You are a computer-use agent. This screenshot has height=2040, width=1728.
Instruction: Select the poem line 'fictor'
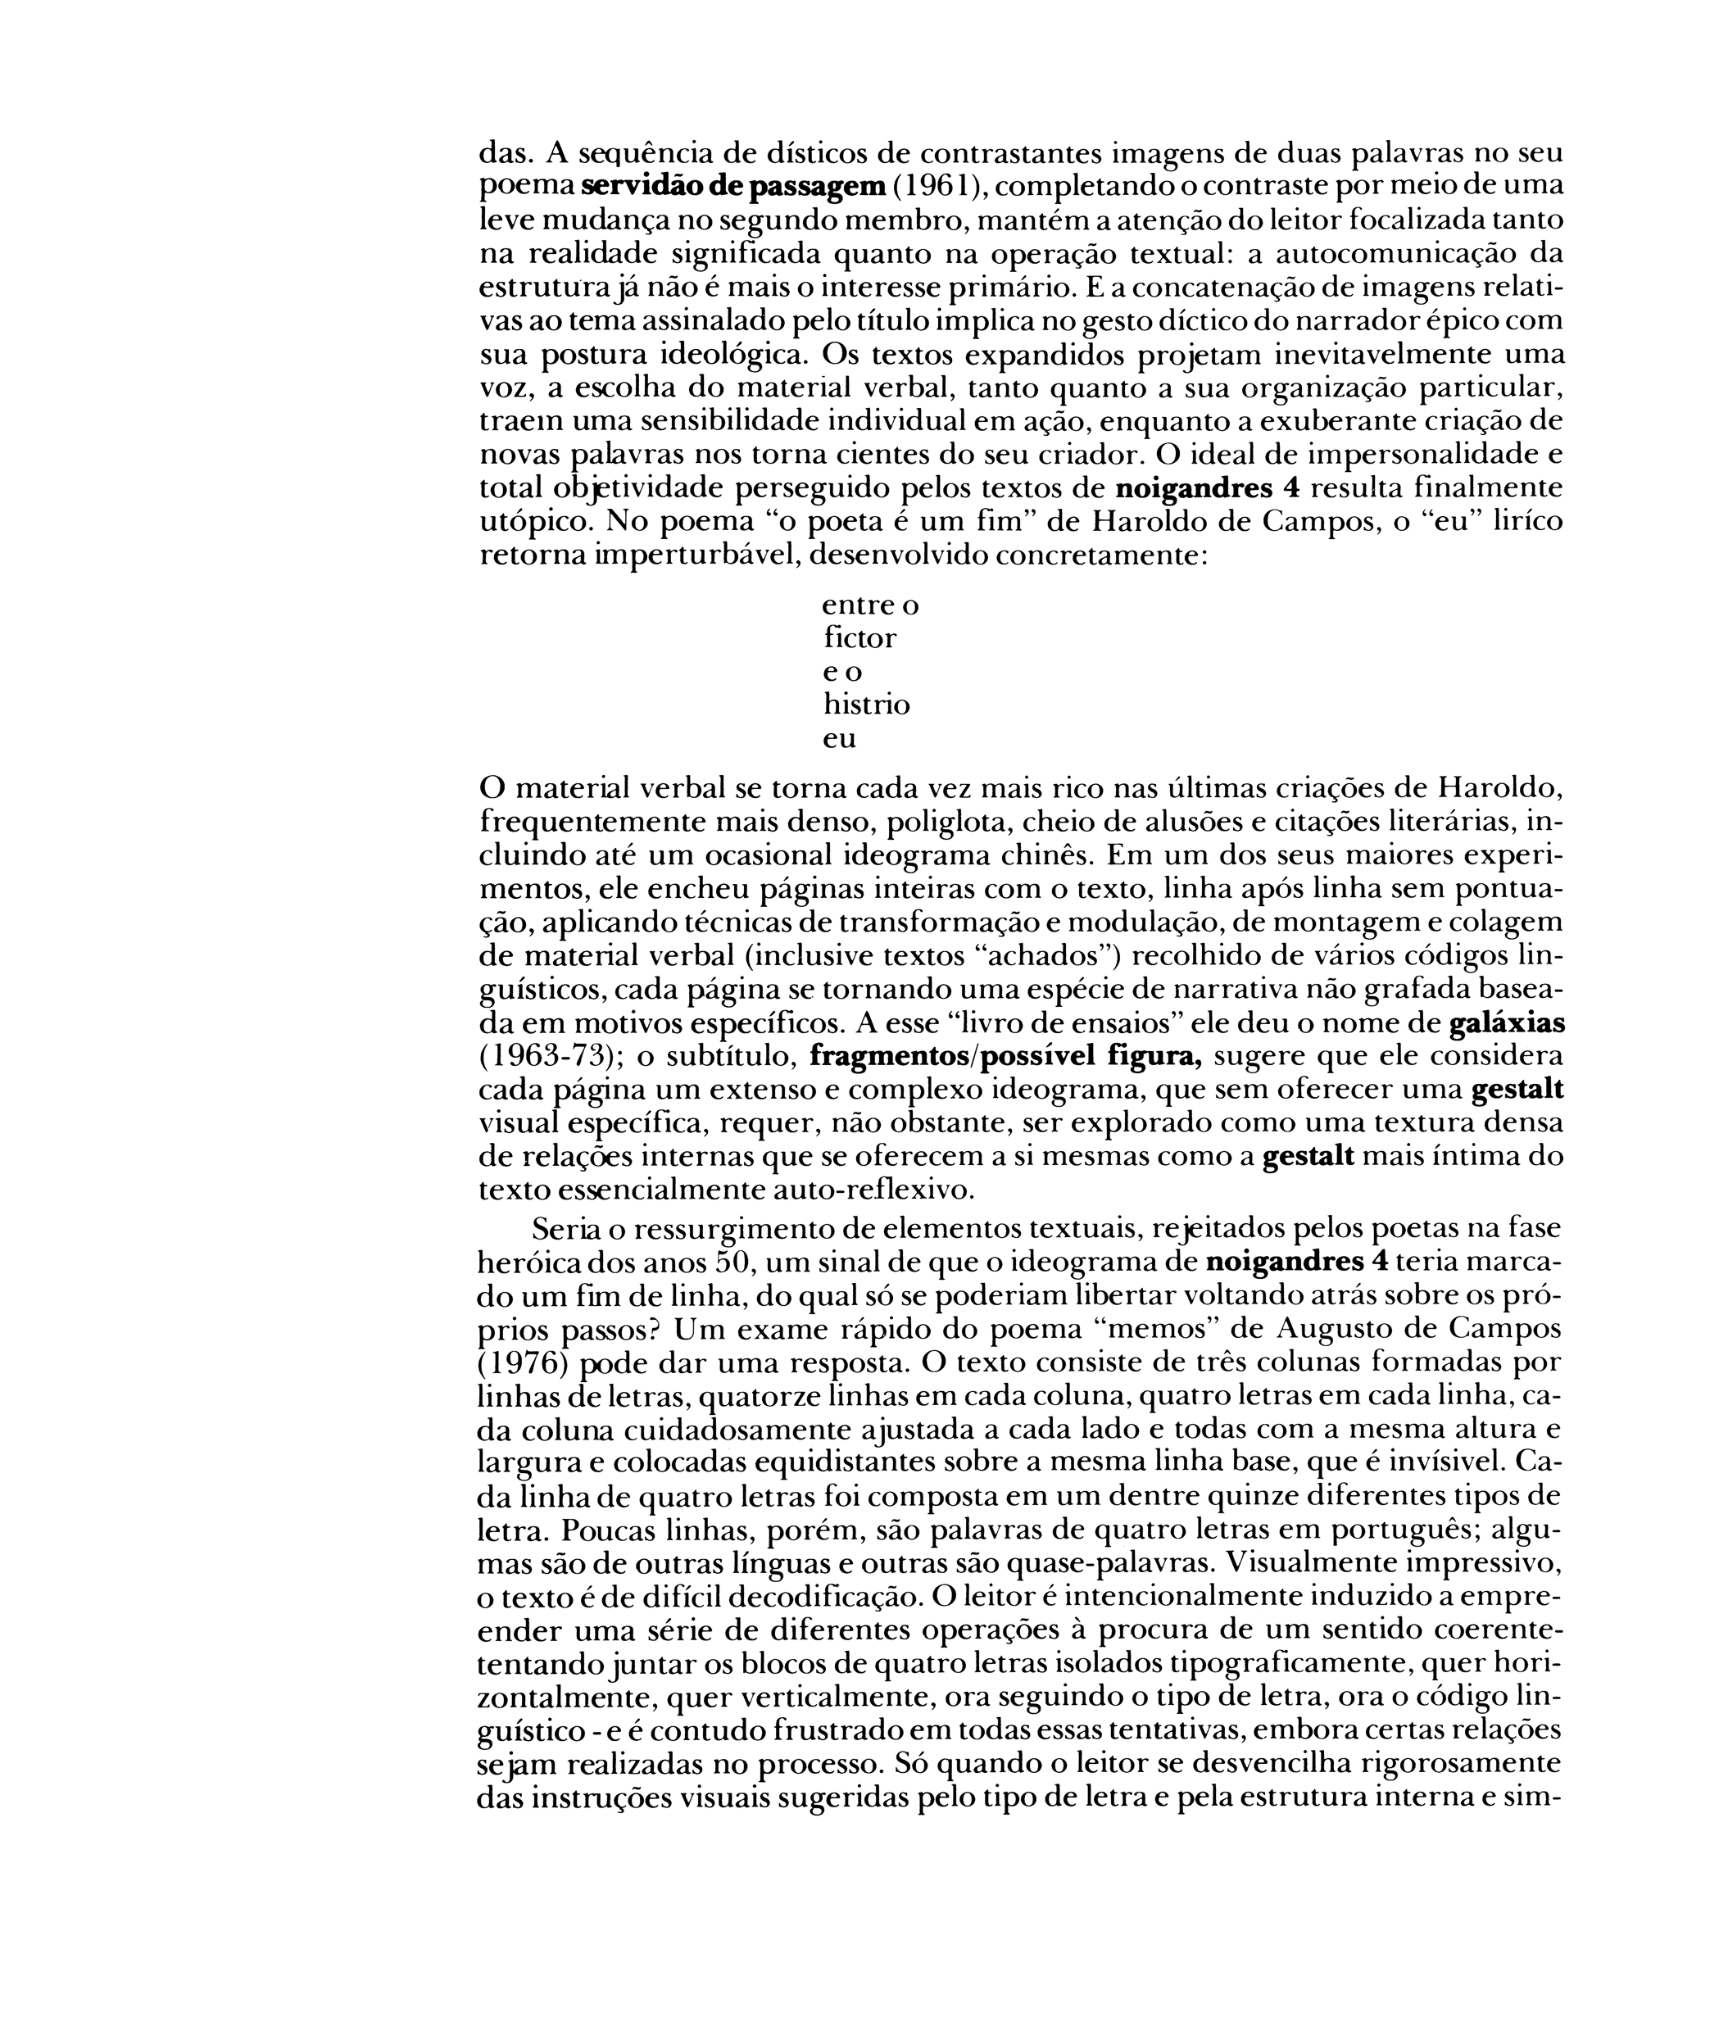click(x=860, y=638)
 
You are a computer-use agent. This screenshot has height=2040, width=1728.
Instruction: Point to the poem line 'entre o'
click(x=870, y=605)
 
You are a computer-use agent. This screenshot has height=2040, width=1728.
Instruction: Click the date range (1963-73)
click(x=537, y=1058)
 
